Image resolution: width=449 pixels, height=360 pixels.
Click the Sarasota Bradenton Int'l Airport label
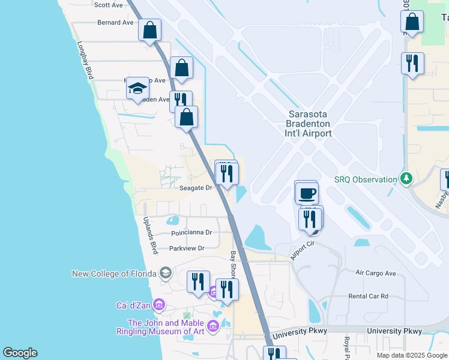pos(310,124)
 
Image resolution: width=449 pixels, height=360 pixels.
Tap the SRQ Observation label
pos(366,179)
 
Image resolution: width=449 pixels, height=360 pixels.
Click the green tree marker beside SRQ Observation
pos(406,179)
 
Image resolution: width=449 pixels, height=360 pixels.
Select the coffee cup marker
pos(307,193)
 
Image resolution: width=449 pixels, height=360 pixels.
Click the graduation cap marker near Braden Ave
pos(137,89)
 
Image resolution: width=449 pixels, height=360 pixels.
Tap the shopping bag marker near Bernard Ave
pos(149,29)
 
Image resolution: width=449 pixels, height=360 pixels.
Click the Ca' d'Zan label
pos(134,305)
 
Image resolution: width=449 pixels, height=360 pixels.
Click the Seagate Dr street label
pos(196,188)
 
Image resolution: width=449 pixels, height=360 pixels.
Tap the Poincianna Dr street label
pos(191,232)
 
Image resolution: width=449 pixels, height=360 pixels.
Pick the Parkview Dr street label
pos(187,248)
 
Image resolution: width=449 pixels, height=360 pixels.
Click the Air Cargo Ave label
pos(376,273)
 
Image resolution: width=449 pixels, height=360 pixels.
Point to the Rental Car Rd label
pos(369,296)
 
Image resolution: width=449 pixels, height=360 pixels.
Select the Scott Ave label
pos(109,5)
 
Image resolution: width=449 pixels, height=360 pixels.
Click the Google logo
pos(20,353)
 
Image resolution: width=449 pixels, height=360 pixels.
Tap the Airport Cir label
pos(303,247)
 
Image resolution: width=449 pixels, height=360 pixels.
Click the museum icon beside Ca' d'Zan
pos(159,305)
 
